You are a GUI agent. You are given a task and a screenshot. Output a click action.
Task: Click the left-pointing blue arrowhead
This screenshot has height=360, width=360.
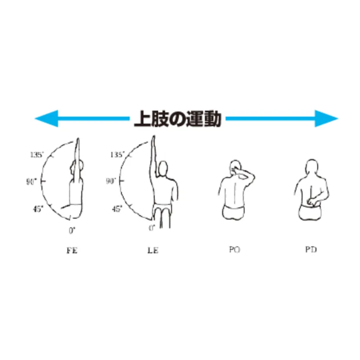[x=46, y=118]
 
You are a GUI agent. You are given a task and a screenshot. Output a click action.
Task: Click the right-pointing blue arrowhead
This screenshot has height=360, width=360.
[x=326, y=118]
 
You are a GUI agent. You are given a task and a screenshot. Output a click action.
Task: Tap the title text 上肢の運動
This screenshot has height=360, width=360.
[x=178, y=119]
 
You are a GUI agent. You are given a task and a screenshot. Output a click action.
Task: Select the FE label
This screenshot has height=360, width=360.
[x=72, y=250]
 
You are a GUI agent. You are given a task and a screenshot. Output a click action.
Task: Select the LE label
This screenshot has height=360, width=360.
[x=153, y=250]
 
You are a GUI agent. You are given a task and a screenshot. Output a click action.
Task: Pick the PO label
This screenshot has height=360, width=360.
[x=234, y=249]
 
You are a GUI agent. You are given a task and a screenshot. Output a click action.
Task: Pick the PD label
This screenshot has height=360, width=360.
[x=311, y=249]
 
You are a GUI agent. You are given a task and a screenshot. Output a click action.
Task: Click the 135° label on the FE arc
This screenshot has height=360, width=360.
[x=37, y=155]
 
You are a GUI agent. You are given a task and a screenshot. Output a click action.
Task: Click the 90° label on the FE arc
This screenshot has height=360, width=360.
[x=31, y=182]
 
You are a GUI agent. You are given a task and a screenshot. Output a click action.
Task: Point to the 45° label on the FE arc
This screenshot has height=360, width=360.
[x=38, y=209]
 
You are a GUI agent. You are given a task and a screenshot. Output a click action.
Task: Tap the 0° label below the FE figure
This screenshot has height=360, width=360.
[x=72, y=230]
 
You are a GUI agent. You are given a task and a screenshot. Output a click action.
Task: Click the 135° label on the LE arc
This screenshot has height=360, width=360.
[x=117, y=155]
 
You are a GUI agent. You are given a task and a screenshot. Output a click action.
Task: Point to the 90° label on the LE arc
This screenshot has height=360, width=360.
[x=111, y=182]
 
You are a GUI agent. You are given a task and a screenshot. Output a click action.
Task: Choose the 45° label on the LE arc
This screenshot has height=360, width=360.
[x=117, y=209]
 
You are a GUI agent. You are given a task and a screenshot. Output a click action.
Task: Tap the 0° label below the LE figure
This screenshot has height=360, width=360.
[x=152, y=228]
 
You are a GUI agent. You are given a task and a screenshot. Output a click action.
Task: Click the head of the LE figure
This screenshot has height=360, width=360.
[x=163, y=169]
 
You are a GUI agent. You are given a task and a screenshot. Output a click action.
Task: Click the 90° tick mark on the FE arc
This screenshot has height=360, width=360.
[x=43, y=181]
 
